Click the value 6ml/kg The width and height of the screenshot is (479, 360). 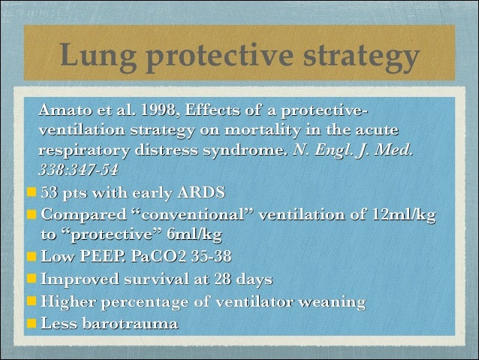click(192, 234)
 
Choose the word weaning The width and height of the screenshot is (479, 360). click(330, 302)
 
